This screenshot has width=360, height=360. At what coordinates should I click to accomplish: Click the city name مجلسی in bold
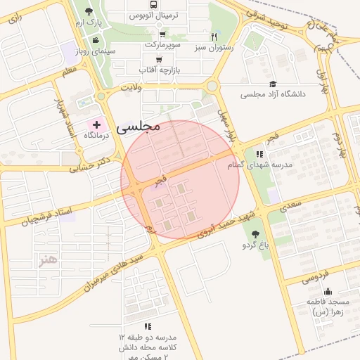click(x=139, y=127)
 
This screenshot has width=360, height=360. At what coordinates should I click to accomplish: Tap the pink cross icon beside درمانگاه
click(x=96, y=124)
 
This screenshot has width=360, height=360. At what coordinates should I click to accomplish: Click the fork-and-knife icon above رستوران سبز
click(x=214, y=37)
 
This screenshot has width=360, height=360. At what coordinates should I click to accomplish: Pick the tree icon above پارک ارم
click(x=89, y=11)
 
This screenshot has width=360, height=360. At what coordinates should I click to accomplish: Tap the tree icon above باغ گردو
click(x=255, y=234)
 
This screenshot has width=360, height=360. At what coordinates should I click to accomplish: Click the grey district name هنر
click(x=47, y=261)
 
